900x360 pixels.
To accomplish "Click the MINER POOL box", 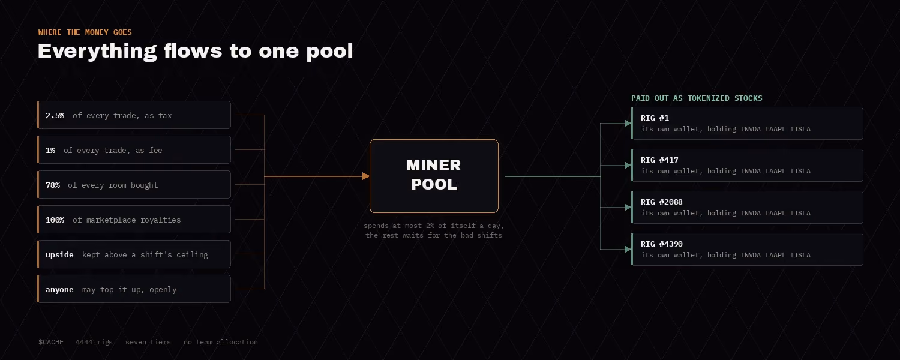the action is click(x=434, y=176).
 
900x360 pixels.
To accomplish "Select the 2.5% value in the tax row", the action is click(x=55, y=116).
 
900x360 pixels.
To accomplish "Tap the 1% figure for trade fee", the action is click(x=50, y=150).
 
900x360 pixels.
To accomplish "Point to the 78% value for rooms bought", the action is click(x=53, y=185).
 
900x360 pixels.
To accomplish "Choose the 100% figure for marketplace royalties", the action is click(x=55, y=220).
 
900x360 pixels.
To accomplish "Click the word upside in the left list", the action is click(x=59, y=255).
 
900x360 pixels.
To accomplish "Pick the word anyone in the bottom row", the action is click(x=59, y=290).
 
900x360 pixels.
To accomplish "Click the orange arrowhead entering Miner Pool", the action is click(x=365, y=176).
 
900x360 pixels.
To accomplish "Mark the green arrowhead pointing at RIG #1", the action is click(x=628, y=124).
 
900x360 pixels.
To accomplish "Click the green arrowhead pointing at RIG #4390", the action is click(x=628, y=249).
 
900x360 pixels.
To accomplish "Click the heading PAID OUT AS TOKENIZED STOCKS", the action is click(x=697, y=98).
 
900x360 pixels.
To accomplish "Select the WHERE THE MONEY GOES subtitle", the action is click(x=85, y=32).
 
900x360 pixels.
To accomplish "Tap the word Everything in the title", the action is click(x=97, y=52).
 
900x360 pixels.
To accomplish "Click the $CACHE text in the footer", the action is click(x=50, y=342).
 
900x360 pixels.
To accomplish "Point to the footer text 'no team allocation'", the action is click(x=221, y=342).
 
